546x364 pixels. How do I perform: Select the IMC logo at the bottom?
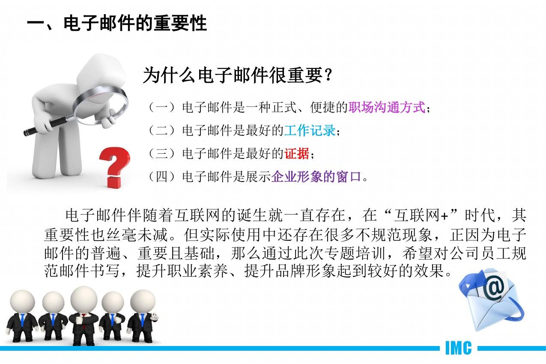[458, 348]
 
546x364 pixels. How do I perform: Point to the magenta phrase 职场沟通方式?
[387, 107]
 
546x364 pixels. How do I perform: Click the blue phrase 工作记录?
[310, 131]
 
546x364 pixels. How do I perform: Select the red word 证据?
[297, 154]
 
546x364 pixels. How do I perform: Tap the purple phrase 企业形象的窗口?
[316, 177]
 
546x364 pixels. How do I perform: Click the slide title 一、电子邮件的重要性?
[117, 24]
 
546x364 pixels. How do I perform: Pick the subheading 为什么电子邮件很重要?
[238, 75]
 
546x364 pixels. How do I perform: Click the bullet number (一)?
[162, 107]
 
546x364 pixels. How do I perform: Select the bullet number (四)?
[162, 177]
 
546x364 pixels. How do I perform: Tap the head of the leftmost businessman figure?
[22, 301]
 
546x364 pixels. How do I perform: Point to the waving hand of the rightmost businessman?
[155, 317]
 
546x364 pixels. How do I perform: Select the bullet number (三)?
[162, 154]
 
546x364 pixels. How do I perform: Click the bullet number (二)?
[162, 131]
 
